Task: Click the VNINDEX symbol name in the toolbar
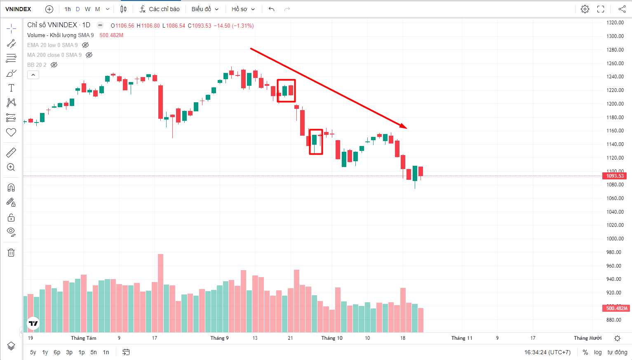18,9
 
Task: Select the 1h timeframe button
68,9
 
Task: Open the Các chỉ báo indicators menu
160,9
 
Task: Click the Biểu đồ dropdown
205,9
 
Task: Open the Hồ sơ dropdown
243,9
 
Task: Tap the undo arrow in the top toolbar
271,9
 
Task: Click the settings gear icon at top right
585,9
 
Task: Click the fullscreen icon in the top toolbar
601,9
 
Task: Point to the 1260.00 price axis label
615,64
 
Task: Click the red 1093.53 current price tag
615,176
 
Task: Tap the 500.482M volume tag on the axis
616,308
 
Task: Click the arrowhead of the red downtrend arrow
404,127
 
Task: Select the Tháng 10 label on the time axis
332,338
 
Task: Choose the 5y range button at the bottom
33,352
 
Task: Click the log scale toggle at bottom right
598,352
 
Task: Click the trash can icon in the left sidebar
11,252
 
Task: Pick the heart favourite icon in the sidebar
11,132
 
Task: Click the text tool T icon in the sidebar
11,88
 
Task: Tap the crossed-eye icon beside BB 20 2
54,65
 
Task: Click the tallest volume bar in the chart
160,293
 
